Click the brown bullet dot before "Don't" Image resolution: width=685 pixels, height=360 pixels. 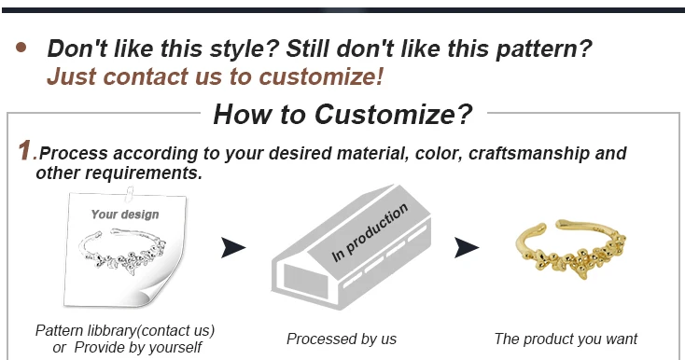tap(21, 48)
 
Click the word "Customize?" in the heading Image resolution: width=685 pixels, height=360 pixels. tap(393, 115)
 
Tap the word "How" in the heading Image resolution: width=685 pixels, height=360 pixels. tap(240, 115)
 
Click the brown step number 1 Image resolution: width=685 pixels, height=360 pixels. tap(25, 150)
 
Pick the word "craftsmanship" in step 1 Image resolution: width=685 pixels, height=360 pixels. tap(528, 154)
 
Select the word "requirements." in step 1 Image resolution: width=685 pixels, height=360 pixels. tap(150, 173)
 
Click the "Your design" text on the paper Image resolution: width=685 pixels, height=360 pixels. tap(125, 215)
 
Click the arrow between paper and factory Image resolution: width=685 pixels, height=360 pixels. tap(233, 247)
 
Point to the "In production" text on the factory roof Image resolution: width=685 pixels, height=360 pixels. tap(370, 232)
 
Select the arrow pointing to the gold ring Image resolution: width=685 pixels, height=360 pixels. tap(467, 247)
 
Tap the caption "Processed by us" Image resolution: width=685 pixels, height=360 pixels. tap(342, 339)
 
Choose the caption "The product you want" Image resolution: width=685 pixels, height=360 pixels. tap(566, 339)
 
